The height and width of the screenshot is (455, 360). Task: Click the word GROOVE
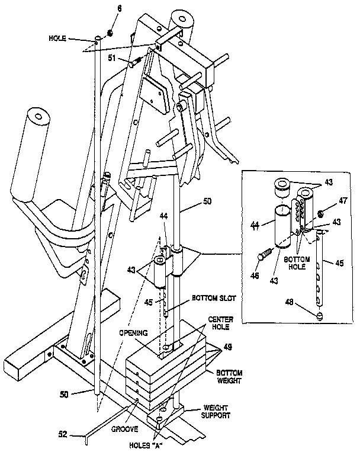[126, 429]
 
